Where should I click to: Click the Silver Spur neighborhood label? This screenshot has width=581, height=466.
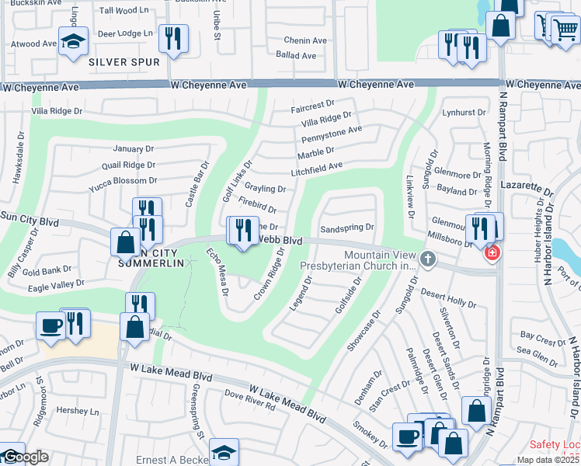pos(124,61)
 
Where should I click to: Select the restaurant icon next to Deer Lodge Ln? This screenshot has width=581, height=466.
pos(173,38)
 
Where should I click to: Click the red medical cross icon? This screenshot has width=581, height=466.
pos(491,253)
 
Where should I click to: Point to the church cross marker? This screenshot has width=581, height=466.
pos(426,258)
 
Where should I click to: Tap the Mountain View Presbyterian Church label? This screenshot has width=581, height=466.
pos(359,260)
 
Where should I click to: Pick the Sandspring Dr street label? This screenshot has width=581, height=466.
pos(347,228)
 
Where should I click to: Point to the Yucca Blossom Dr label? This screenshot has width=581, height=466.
pos(123,180)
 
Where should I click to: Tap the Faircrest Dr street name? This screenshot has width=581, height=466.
pos(312,103)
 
